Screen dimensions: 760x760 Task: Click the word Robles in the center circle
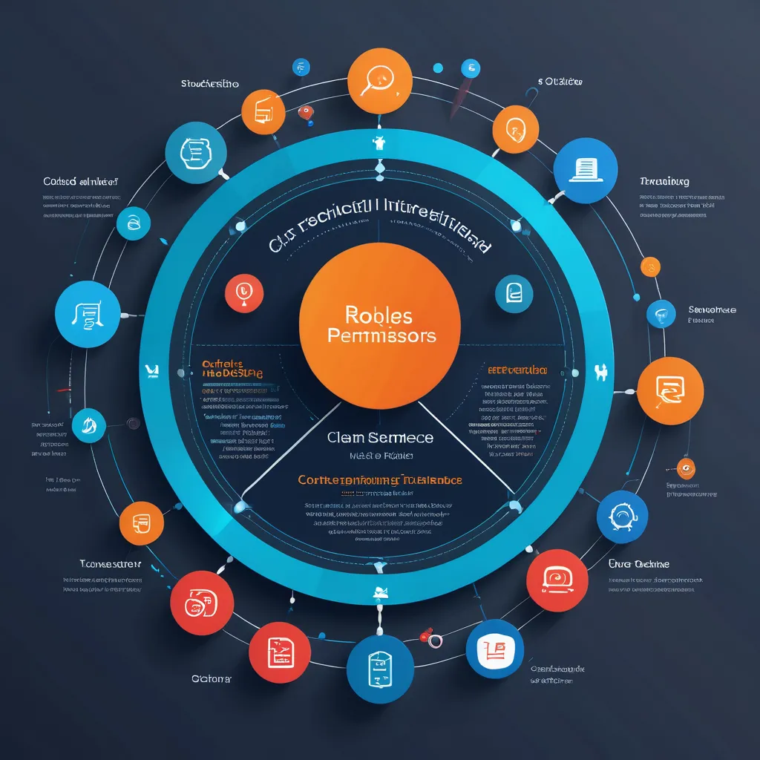coord(379,316)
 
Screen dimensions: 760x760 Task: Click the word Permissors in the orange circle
coord(381,335)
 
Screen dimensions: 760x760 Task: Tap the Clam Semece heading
coord(380,437)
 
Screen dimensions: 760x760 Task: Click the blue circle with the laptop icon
coord(585,170)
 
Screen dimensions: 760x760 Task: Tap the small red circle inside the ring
coord(243,292)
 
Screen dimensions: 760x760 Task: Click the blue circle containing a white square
coord(494,648)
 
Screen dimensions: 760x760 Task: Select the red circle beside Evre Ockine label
coord(557,580)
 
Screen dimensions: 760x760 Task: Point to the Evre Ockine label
coord(638,564)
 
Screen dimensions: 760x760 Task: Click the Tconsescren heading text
coord(111,563)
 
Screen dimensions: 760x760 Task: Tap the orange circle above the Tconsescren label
coord(141,523)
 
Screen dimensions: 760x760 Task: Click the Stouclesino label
coord(209,83)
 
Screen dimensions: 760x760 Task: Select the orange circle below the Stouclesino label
coord(263,111)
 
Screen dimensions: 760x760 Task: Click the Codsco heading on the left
coord(82,180)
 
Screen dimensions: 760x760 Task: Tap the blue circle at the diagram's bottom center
coord(379,668)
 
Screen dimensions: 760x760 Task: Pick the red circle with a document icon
coord(279,652)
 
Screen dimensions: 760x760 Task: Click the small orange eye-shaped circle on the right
coord(687,468)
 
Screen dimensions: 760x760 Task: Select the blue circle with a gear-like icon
coord(623,516)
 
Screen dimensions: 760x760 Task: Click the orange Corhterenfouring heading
coord(380,480)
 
